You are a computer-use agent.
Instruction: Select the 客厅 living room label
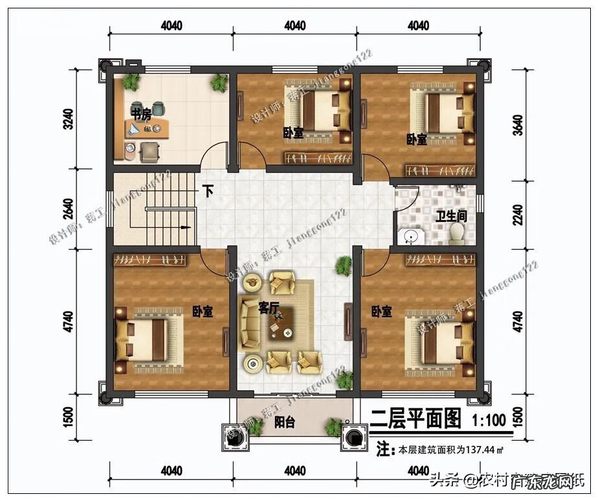point(269,307)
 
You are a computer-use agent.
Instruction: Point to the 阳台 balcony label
point(285,423)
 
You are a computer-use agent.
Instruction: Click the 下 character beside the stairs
point(208,192)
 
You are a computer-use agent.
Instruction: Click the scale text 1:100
point(489,419)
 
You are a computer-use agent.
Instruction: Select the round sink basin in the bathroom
point(410,236)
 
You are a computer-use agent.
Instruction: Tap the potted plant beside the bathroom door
point(344,264)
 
